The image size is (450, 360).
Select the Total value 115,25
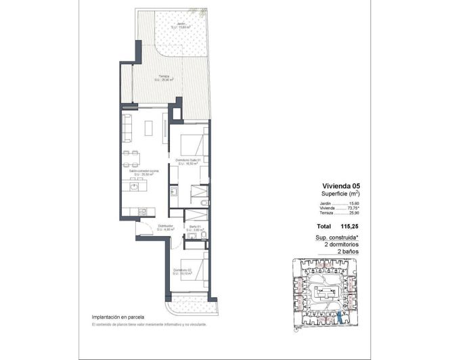(x=349, y=226)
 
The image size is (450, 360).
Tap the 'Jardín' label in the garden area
(x=180, y=25)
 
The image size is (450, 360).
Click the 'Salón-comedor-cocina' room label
(x=144, y=172)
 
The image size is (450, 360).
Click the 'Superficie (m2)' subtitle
(x=340, y=194)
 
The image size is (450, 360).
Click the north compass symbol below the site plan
(x=296, y=330)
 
